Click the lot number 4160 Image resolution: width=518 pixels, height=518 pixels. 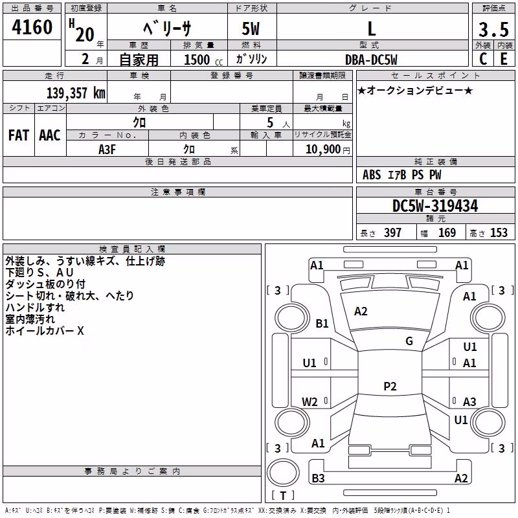coord(32,27)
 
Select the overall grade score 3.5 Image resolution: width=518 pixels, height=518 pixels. coord(493,29)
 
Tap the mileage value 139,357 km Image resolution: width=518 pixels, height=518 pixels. coord(76,93)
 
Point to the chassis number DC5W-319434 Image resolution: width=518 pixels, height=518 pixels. coord(434,206)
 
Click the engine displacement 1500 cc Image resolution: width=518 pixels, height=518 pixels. coord(203,60)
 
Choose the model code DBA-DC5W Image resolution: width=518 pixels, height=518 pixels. coord(371,60)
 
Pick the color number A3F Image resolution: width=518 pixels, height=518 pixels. coord(107,150)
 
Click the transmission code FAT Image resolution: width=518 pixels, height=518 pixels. coord(19,135)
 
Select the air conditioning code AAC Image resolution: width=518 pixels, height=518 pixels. coord(50,135)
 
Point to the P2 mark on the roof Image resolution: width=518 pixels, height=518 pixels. coord(390,386)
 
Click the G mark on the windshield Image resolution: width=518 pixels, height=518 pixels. coord(409,341)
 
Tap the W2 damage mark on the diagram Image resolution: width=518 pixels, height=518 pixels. coord(310,401)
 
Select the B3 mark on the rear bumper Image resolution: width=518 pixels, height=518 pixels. coord(318,478)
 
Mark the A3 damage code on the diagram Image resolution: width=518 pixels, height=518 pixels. coord(469,401)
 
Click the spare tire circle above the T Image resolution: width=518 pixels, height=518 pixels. coord(283,473)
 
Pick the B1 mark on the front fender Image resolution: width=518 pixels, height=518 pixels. coord(322,323)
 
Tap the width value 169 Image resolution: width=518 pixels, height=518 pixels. coord(447,232)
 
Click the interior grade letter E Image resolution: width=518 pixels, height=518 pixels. coord(504,59)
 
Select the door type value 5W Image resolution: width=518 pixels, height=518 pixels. coord(251,28)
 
